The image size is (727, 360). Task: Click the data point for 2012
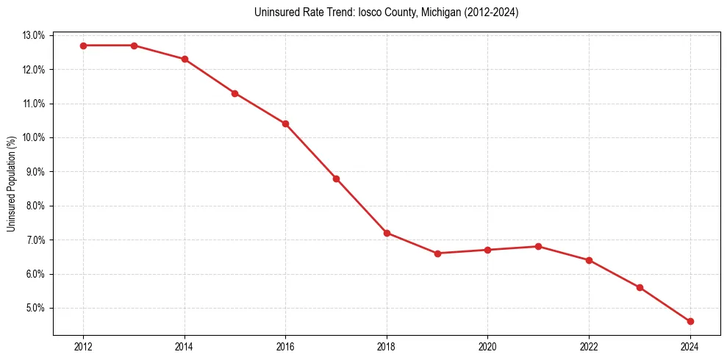tap(83, 46)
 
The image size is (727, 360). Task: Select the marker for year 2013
tap(134, 46)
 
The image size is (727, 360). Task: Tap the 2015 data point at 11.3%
tap(234, 93)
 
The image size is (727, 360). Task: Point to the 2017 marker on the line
tap(336, 179)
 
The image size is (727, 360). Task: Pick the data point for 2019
tap(437, 253)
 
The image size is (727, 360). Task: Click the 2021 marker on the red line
tap(538, 246)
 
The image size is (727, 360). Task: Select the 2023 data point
tap(640, 287)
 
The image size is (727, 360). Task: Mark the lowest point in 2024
tap(690, 321)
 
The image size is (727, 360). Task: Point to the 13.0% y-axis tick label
tap(35, 35)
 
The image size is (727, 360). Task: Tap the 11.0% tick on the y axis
tap(35, 104)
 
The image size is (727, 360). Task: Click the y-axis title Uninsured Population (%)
tap(12, 184)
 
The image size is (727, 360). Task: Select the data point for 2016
tap(285, 123)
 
